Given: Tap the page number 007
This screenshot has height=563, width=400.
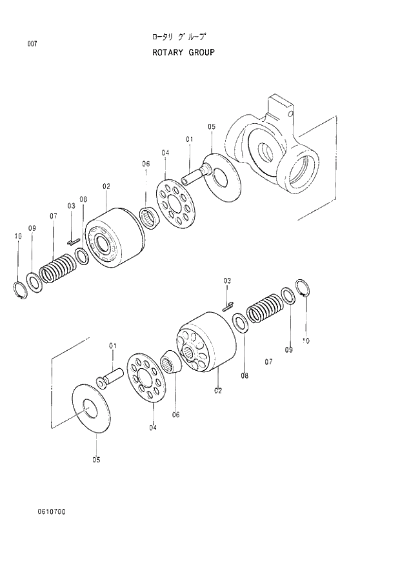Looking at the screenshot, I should click(x=32, y=44).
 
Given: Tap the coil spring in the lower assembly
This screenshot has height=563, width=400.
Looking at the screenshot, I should click(x=263, y=310).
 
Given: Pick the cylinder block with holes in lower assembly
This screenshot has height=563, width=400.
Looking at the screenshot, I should click(x=205, y=342).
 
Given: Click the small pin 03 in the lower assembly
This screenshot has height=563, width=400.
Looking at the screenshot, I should click(x=227, y=307).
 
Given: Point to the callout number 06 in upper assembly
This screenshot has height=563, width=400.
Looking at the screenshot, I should click(x=146, y=164).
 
